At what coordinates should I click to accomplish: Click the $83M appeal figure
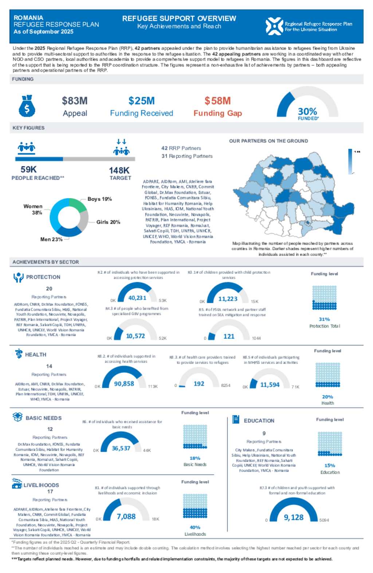click(x=75, y=101)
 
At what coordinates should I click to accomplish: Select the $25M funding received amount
click(x=141, y=101)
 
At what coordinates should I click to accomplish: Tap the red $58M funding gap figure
click(x=217, y=101)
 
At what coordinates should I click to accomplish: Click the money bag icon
click(x=27, y=106)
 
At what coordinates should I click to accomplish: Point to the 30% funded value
click(x=307, y=111)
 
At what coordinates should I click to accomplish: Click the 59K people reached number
click(x=28, y=170)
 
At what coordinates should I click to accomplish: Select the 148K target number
click(x=119, y=170)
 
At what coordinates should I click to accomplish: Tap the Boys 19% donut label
click(x=99, y=199)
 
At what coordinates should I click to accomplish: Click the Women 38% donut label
click(x=33, y=209)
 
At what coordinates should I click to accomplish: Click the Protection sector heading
click(x=43, y=277)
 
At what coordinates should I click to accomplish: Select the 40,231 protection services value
click(x=137, y=298)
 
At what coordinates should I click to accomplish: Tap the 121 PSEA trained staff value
click(x=229, y=336)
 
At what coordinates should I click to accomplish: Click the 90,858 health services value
click(x=124, y=384)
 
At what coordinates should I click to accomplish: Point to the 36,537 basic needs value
click(x=121, y=448)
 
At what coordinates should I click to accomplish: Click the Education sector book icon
click(x=236, y=420)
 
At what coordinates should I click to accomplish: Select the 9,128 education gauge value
click(x=294, y=517)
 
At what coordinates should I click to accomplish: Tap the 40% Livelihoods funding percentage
click(x=195, y=527)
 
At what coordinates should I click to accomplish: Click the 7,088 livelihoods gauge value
click(x=126, y=517)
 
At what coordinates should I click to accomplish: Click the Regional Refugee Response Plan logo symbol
click(x=274, y=26)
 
